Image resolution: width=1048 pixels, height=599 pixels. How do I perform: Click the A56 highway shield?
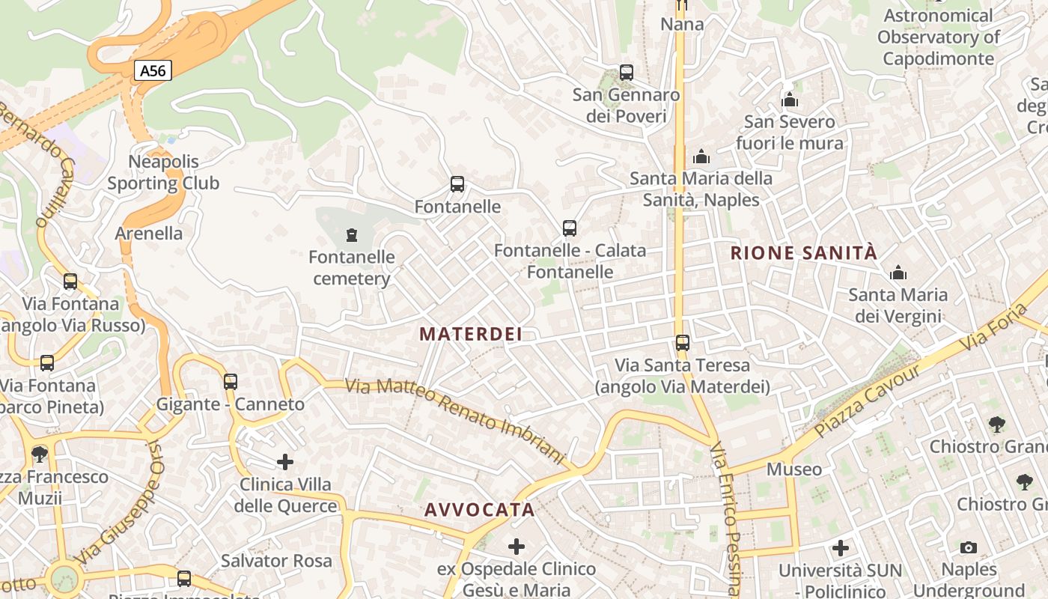(x=153, y=71)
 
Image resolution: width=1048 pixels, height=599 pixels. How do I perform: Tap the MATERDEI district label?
(x=471, y=334)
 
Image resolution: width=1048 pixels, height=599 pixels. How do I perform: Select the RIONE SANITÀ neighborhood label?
(x=803, y=253)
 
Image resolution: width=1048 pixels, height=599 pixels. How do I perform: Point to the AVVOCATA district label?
(x=480, y=510)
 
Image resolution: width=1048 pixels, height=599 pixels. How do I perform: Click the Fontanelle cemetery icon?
(x=351, y=236)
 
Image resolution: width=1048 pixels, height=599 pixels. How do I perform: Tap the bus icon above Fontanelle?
(x=457, y=184)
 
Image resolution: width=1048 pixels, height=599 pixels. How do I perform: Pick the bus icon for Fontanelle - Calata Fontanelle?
(x=570, y=228)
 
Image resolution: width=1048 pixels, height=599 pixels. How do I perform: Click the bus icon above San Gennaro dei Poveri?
(x=627, y=73)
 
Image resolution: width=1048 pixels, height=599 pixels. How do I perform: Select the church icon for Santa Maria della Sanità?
(x=701, y=156)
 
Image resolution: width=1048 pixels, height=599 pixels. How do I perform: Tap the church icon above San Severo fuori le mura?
(x=790, y=100)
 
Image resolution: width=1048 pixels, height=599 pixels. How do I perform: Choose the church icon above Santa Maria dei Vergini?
(x=898, y=273)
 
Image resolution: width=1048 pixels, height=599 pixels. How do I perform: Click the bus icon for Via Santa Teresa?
(x=682, y=343)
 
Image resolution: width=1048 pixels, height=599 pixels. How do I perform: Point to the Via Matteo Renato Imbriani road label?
(x=454, y=422)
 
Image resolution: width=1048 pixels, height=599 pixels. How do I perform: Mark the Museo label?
(x=794, y=469)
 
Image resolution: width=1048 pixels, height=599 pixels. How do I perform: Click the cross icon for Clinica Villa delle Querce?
(x=285, y=462)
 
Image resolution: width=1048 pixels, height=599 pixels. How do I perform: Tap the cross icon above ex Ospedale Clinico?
(x=517, y=547)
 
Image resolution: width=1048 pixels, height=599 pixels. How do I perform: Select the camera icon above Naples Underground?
(x=969, y=547)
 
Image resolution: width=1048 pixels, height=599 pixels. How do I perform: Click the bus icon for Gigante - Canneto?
(x=231, y=382)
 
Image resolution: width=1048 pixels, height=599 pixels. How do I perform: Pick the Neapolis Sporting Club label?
(x=163, y=172)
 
